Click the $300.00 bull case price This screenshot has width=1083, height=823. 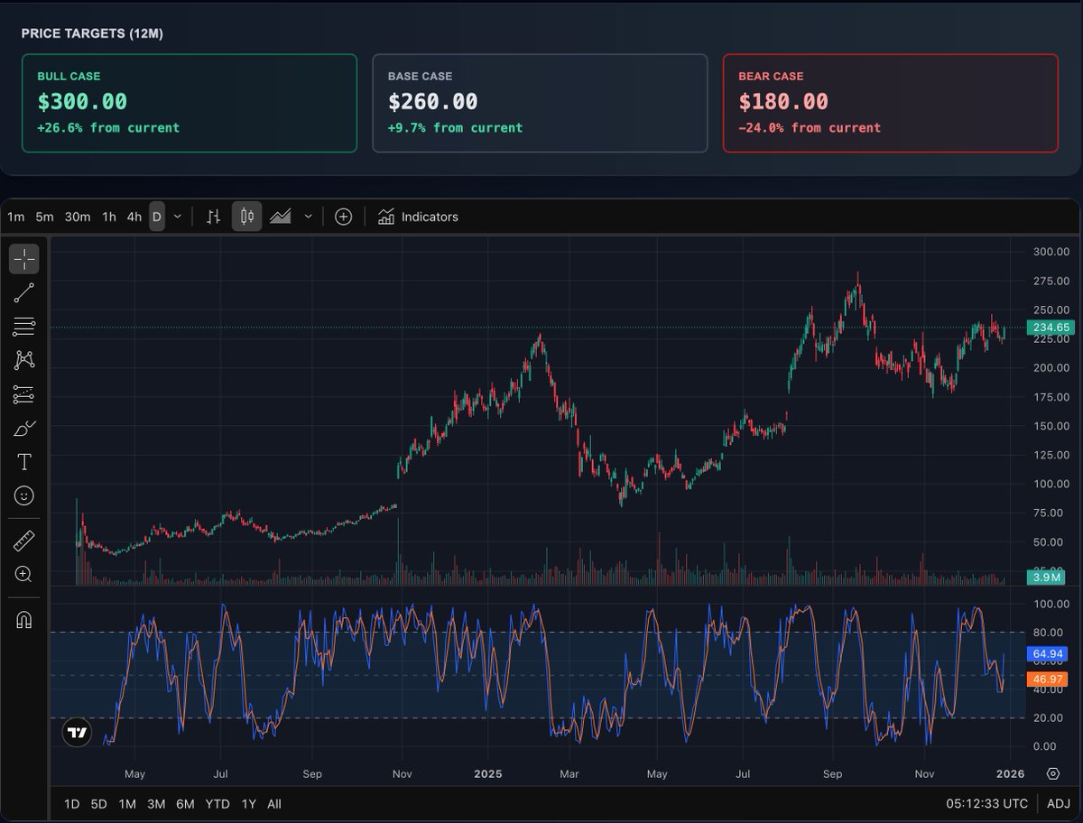(x=82, y=102)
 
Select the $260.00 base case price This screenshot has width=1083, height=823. (x=432, y=102)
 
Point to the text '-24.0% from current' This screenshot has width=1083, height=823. (x=809, y=128)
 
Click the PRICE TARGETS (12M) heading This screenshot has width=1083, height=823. (x=92, y=33)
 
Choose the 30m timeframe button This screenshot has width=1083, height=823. (x=78, y=217)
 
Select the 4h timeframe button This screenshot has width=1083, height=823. (x=134, y=217)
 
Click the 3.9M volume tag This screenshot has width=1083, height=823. (x=1047, y=578)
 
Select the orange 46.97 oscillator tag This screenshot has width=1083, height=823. (x=1047, y=679)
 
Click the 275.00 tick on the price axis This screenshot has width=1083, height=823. (x=1051, y=282)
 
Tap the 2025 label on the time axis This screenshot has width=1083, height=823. (x=487, y=774)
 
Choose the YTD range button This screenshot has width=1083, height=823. (x=218, y=804)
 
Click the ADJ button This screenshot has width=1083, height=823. (x=1059, y=804)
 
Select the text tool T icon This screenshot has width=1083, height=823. (x=24, y=462)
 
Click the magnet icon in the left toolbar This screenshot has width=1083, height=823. (x=24, y=620)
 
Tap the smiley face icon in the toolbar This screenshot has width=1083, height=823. (x=24, y=495)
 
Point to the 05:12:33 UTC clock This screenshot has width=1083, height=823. (x=986, y=804)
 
